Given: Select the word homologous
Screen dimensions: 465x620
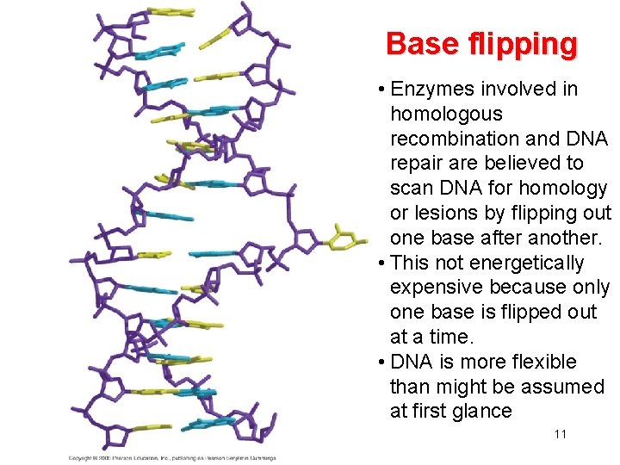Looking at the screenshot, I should pyautogui.click(x=444, y=114).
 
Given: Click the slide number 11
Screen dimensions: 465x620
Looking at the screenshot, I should pyautogui.click(x=561, y=434).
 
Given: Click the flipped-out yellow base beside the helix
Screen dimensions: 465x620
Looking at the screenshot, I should pyautogui.click(x=339, y=237).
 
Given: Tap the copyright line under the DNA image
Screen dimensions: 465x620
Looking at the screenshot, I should pyautogui.click(x=172, y=457).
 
